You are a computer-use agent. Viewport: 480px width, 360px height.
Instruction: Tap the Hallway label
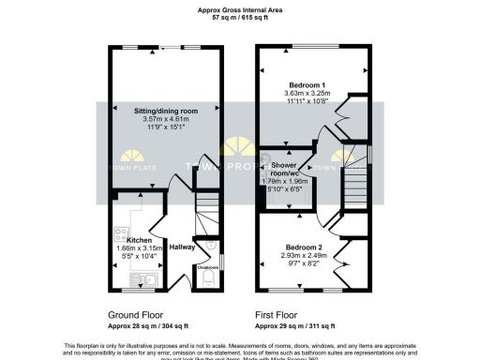coord(183,247)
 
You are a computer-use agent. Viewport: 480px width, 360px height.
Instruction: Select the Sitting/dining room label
coord(164,111)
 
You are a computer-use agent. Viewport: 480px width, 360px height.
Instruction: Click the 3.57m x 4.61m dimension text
coord(164,120)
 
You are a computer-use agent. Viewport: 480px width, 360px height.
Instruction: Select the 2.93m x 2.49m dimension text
coord(307,255)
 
